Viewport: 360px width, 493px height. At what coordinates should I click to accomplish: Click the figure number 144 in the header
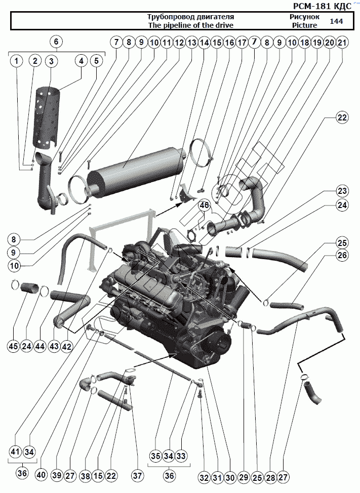pyautogui.click(x=336, y=21)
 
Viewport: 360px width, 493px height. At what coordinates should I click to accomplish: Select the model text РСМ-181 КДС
pyautogui.click(x=322, y=6)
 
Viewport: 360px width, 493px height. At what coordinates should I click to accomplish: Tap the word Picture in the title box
pyautogui.click(x=304, y=25)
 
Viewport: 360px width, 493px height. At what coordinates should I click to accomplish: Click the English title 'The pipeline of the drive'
pyautogui.click(x=191, y=25)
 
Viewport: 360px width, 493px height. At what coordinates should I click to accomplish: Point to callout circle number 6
pyautogui.click(x=56, y=42)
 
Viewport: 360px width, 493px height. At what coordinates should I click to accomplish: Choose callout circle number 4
pyautogui.click(x=82, y=61)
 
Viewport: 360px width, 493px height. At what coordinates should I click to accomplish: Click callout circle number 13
pyautogui.click(x=191, y=42)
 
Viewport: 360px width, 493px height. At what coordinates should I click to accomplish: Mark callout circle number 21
pyautogui.click(x=342, y=42)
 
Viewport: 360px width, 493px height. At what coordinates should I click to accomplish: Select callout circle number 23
pyautogui.click(x=342, y=191)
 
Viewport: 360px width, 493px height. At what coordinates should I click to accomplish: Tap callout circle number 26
pyautogui.click(x=342, y=255)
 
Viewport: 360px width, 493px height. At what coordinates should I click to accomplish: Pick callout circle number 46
pyautogui.click(x=204, y=206)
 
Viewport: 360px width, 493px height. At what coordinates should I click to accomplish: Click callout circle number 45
pyautogui.click(x=14, y=346)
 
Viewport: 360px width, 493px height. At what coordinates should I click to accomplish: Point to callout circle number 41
pyautogui.click(x=15, y=452)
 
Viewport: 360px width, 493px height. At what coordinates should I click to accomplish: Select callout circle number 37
pyautogui.click(x=137, y=476)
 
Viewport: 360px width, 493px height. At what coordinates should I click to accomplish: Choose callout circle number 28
pyautogui.click(x=270, y=478)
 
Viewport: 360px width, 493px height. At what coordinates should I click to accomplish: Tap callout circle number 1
pyautogui.click(x=17, y=61)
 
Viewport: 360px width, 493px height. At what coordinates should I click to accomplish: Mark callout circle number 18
pyautogui.click(x=304, y=42)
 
